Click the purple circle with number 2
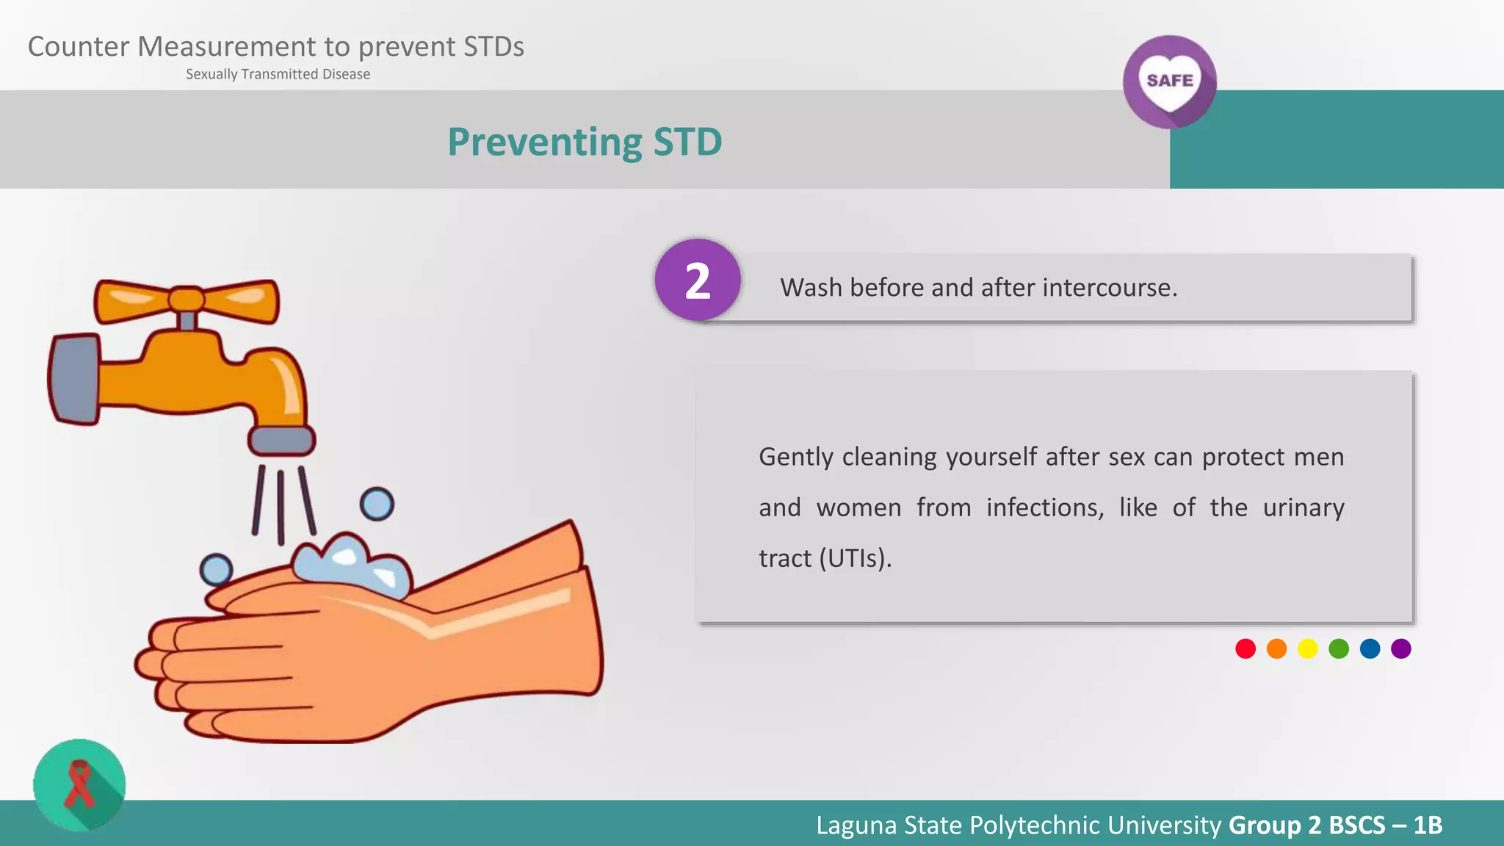698,280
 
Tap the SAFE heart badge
1169,82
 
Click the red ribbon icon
79,784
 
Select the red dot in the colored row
1245,648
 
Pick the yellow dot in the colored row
1308,648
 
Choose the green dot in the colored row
1339,648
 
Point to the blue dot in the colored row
1370,648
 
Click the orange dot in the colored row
1277,648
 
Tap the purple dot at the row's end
1401,648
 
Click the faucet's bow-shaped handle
187,300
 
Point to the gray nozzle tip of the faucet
282,441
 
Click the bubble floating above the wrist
377,505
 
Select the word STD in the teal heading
687,142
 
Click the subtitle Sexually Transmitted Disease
278,74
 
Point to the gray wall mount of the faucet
74,379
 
